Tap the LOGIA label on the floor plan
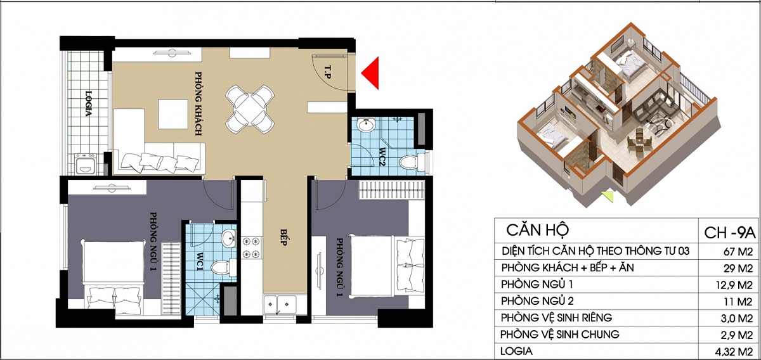point(89,103)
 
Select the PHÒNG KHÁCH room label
point(198,103)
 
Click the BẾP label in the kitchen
point(283,236)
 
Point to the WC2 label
point(382,157)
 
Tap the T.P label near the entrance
point(327,72)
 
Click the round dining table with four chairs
point(250,110)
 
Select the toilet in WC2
point(412,162)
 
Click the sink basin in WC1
point(228,238)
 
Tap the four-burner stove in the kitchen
point(251,248)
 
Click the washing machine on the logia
point(86,164)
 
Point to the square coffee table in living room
point(173,114)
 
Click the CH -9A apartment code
point(729,233)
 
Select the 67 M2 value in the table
point(738,252)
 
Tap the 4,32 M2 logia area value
point(734,352)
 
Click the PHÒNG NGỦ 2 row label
point(537,300)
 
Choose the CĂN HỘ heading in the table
point(538,230)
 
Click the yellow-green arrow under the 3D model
point(608,196)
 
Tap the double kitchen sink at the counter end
point(280,304)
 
